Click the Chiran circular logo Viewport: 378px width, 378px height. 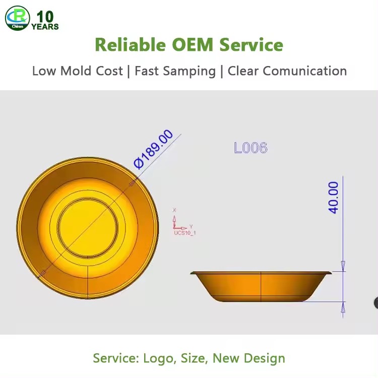(x=17, y=18)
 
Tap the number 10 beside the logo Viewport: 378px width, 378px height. (x=45, y=17)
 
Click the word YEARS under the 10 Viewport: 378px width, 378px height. (x=45, y=27)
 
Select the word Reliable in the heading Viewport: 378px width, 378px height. (x=131, y=45)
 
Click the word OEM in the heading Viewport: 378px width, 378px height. (x=193, y=45)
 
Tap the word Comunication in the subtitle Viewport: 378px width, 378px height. (x=305, y=71)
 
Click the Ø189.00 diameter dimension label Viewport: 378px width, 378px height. (x=153, y=149)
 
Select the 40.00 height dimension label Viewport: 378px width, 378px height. (x=334, y=198)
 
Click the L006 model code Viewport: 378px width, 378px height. (x=250, y=148)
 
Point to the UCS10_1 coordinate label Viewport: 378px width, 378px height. (x=185, y=233)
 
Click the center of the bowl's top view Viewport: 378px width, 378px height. (x=88, y=228)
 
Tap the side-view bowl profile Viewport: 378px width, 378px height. (x=261, y=286)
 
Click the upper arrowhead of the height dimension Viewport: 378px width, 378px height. (x=343, y=266)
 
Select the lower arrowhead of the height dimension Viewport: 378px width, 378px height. (x=343, y=307)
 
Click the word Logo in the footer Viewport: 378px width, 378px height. (x=158, y=358)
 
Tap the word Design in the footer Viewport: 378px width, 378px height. (x=265, y=358)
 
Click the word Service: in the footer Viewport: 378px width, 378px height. (x=116, y=358)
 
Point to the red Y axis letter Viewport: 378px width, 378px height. (x=191, y=227)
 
